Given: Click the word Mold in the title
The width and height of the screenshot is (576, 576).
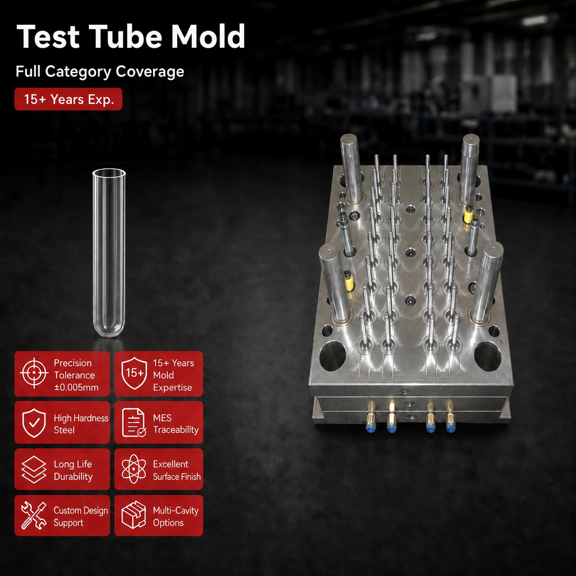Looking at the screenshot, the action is pyautogui.click(x=208, y=36).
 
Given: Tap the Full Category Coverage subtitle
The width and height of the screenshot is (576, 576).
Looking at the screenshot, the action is pyautogui.click(x=100, y=71).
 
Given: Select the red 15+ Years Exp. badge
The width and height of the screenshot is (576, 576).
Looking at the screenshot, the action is pyautogui.click(x=68, y=99).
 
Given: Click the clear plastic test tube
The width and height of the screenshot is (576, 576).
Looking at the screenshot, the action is pyautogui.click(x=109, y=253).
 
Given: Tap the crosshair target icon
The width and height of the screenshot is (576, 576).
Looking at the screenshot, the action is pyautogui.click(x=34, y=373).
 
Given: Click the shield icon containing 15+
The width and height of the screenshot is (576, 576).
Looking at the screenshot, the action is pyautogui.click(x=134, y=373).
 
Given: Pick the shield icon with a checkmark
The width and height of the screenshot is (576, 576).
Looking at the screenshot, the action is pyautogui.click(x=34, y=423).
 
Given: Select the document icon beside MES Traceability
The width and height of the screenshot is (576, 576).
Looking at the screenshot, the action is pyautogui.click(x=134, y=422).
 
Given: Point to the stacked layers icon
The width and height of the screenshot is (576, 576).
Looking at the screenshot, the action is pyautogui.click(x=34, y=470).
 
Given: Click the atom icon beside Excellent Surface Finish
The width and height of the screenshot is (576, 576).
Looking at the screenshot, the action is pyautogui.click(x=134, y=469).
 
